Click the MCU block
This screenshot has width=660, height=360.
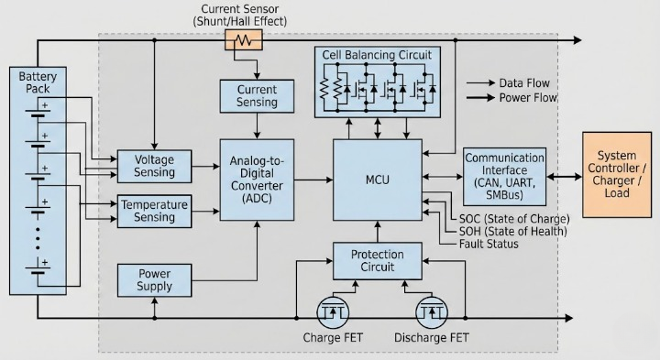tap(377, 180)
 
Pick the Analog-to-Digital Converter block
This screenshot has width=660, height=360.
tap(258, 180)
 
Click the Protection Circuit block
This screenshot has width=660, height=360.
tap(377, 261)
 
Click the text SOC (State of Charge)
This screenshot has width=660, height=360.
tap(512, 219)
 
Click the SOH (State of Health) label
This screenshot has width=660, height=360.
tap(512, 232)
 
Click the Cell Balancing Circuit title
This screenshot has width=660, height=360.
tap(376, 55)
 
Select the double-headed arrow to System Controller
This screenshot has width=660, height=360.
tap(563, 175)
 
